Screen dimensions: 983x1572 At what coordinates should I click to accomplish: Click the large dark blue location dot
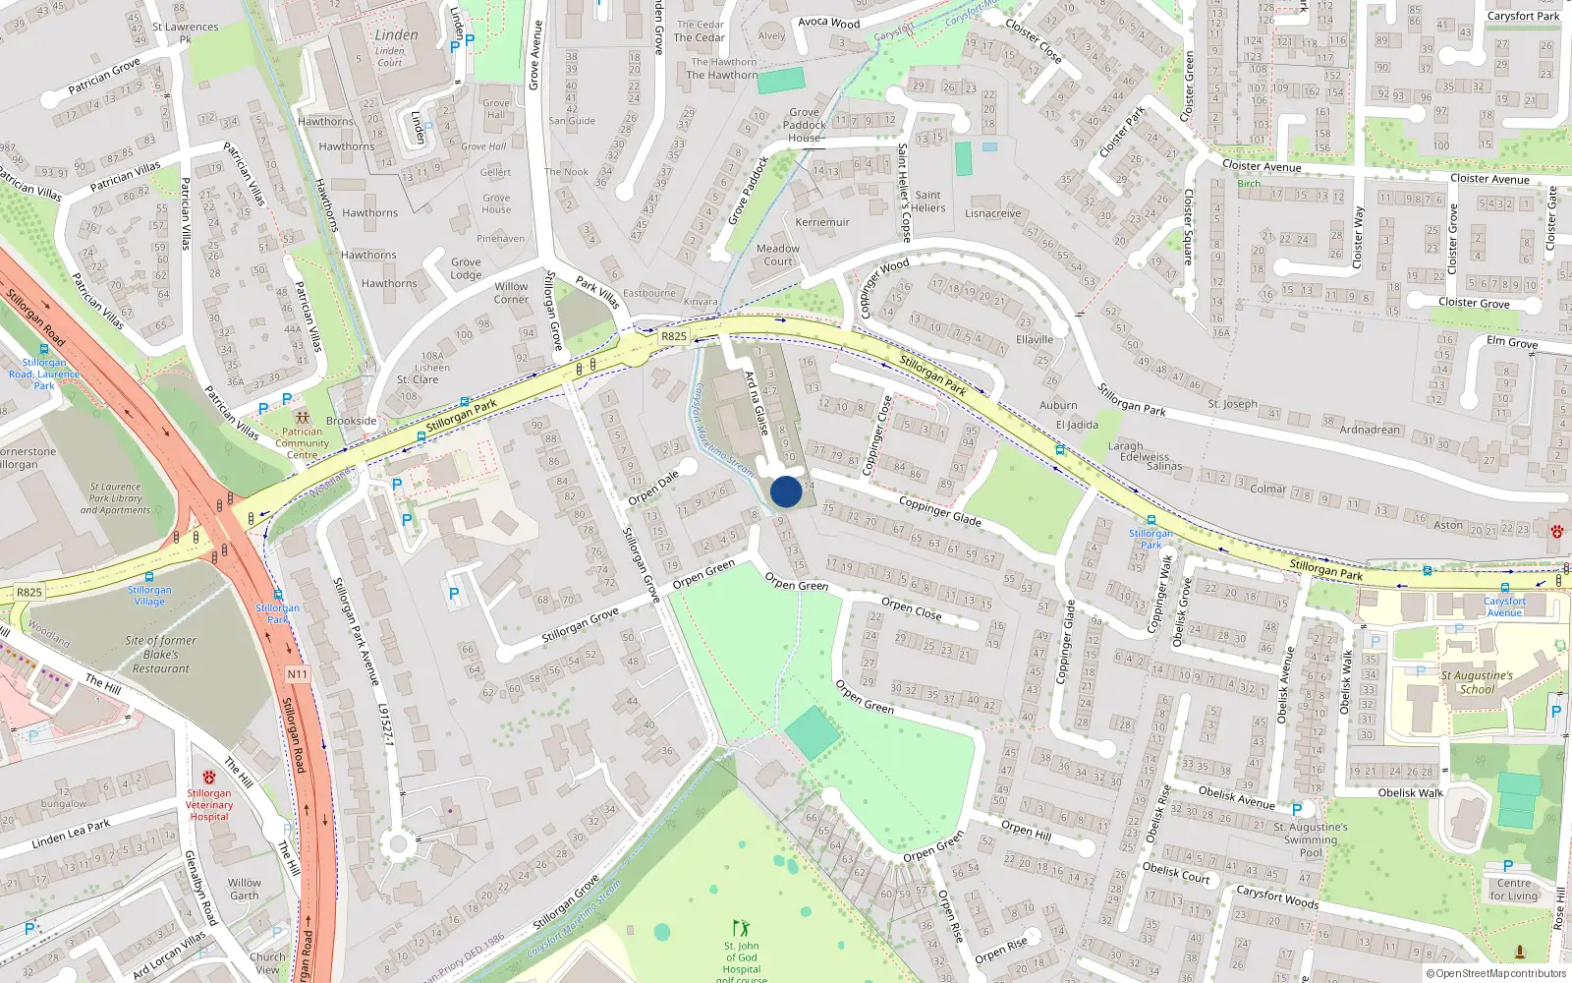coord(786,491)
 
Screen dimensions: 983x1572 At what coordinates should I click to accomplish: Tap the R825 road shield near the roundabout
coord(674,336)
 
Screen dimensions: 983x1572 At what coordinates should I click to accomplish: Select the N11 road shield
coord(298,674)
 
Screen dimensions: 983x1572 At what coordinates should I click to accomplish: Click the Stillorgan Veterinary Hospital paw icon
coord(208,778)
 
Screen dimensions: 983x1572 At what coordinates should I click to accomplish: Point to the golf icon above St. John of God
coord(741,928)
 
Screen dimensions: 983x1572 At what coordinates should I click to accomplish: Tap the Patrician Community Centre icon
coord(302,418)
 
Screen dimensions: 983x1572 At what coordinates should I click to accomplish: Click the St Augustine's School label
coord(1477,682)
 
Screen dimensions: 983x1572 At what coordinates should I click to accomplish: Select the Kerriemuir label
coord(822,222)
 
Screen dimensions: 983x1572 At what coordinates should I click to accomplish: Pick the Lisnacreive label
coord(992,213)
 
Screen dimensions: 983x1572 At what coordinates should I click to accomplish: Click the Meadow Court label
coord(778,255)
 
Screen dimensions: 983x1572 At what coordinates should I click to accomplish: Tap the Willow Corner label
coord(511,293)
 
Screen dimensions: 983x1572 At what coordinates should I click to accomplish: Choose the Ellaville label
coord(1035,340)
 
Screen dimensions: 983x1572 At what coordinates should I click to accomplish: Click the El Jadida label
coord(1077,425)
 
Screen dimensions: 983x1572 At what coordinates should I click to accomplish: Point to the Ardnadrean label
coord(1370,430)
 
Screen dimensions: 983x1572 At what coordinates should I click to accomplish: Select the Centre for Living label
coord(1514,890)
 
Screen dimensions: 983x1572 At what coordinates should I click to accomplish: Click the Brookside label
coord(352,421)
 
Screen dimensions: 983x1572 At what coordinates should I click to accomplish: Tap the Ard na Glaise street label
coord(756,403)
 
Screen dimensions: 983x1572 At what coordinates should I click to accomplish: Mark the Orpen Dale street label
coord(653,488)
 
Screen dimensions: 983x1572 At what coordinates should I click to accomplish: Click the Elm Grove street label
coord(1512,342)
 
